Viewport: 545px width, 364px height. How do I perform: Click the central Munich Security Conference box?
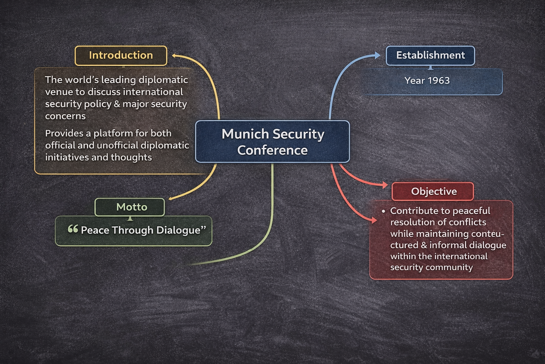pos(272,141)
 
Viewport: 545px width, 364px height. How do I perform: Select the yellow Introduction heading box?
pos(121,55)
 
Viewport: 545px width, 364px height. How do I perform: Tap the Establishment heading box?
pos(430,55)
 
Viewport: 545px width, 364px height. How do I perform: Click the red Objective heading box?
pos(433,191)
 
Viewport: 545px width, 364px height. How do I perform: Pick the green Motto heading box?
pos(130,207)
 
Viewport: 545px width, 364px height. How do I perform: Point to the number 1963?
pos(439,81)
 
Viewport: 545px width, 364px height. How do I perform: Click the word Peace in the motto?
pos(95,230)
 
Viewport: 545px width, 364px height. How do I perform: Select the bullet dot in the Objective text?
pos(384,211)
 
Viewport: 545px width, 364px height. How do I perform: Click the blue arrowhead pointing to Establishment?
pos(377,55)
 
